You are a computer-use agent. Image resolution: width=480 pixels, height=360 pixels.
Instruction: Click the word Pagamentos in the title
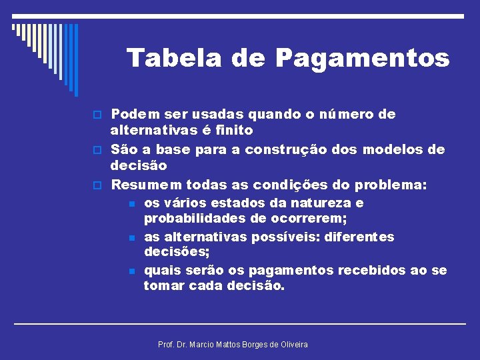363,59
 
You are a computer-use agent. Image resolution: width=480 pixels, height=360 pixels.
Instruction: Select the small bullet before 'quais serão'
133,271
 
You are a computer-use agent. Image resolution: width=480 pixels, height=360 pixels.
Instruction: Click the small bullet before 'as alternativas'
133,238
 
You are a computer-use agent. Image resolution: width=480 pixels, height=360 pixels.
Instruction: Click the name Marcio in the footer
204,344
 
